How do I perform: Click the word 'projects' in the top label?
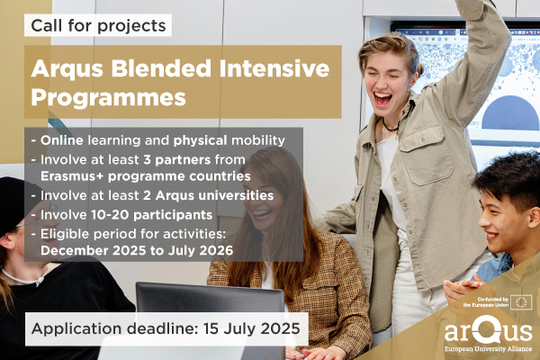pyautogui.click(x=131, y=26)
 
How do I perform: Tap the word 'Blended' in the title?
pyautogui.click(x=161, y=68)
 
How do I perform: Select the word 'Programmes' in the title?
pyautogui.click(x=109, y=98)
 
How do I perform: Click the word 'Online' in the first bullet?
pyautogui.click(x=62, y=140)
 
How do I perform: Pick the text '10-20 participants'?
pyautogui.click(x=152, y=215)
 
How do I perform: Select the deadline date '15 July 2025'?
pyautogui.click(x=252, y=328)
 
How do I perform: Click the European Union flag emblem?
pyautogui.click(x=521, y=302)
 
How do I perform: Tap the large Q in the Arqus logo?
pyautogui.click(x=486, y=330)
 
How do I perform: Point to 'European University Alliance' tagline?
pyautogui.click(x=488, y=349)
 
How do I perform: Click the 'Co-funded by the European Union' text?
pyautogui.click(x=486, y=302)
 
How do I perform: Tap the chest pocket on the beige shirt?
pyautogui.click(x=426, y=156)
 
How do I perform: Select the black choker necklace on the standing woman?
pyautogui.click(x=391, y=126)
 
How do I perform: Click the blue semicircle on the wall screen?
pyautogui.click(x=510, y=113)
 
